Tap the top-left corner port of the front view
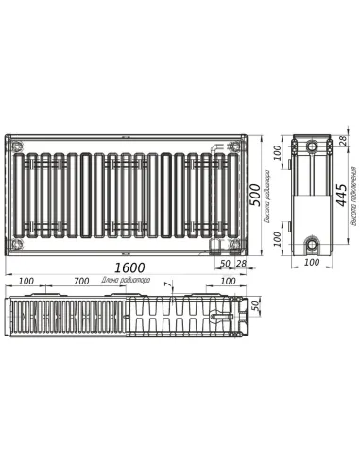pos(15,145)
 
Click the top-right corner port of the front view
pos(233,146)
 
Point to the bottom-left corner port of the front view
pos(15,244)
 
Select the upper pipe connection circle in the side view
pos(312,146)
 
